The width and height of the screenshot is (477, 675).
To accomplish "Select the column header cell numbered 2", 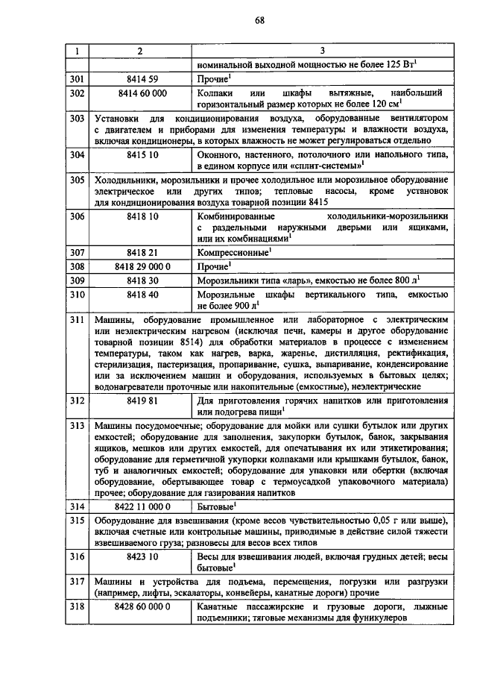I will [139, 51].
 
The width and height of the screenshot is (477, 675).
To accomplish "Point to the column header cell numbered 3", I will [321, 51].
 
